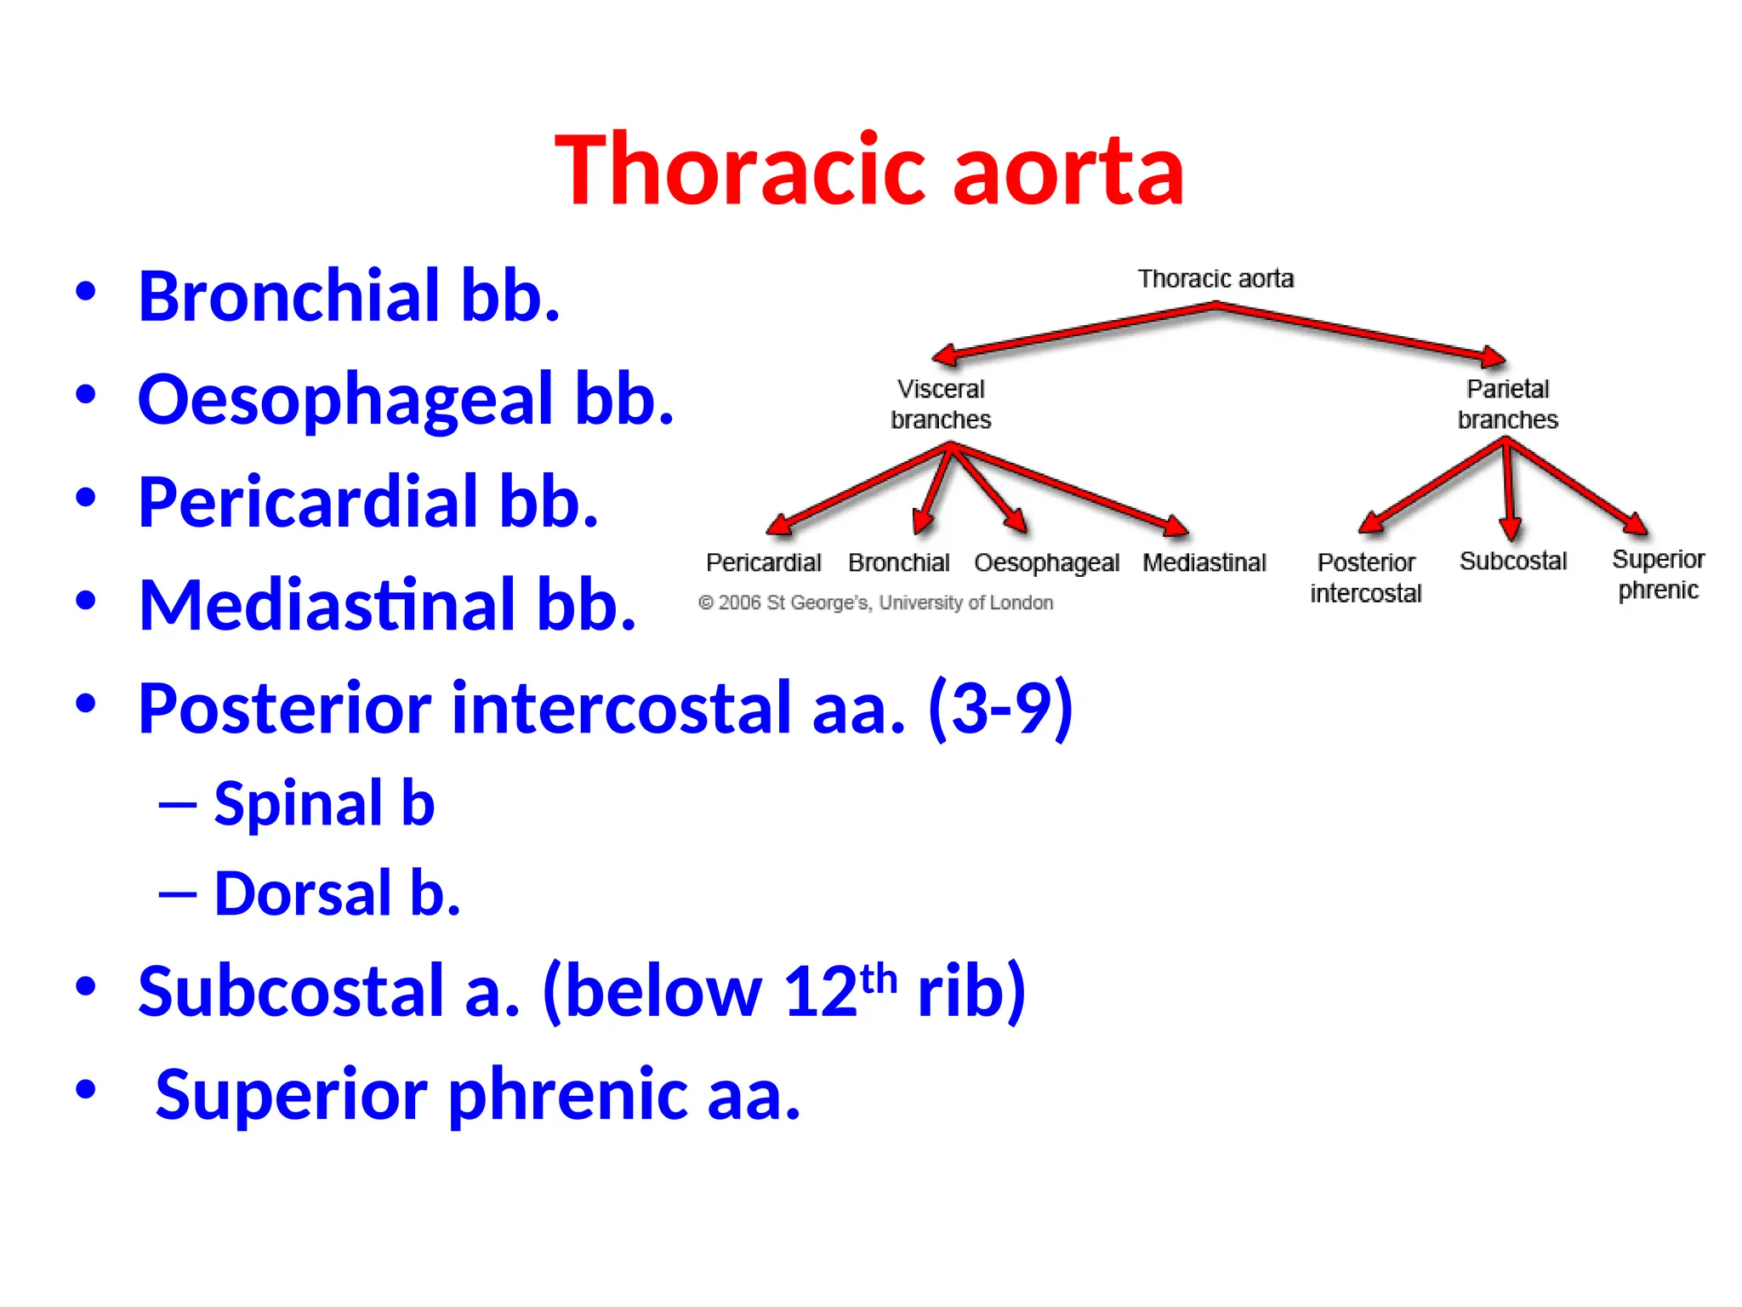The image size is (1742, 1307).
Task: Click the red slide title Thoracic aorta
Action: [x=869, y=170]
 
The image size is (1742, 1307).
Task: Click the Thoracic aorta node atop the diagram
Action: [x=1215, y=279]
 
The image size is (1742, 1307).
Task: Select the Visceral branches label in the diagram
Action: [x=941, y=404]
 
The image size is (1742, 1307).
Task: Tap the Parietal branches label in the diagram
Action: [x=1507, y=404]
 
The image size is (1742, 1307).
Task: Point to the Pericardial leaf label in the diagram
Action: [x=763, y=562]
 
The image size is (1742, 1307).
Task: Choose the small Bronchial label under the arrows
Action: [x=898, y=562]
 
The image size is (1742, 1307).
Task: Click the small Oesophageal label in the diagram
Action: [x=1046, y=563]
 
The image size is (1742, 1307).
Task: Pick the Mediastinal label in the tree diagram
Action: [x=1204, y=562]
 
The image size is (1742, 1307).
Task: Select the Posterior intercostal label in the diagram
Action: [x=1365, y=577]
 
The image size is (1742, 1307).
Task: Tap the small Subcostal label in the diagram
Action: [x=1512, y=561]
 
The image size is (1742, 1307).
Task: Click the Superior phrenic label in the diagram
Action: [x=1658, y=574]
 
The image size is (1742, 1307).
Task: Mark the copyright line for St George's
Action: [x=875, y=602]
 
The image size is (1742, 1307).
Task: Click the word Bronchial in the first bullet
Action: [x=289, y=296]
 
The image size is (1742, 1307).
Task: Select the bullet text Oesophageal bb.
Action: [x=406, y=399]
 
